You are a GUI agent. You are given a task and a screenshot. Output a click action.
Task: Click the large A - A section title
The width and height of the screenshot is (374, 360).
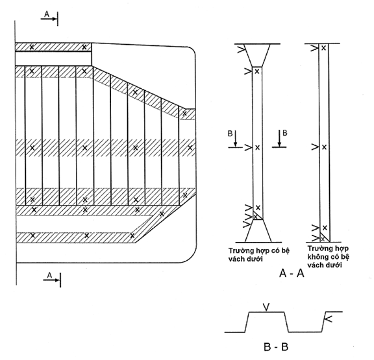(x=292, y=274)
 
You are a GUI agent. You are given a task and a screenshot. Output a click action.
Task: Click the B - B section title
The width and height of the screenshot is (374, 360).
(x=276, y=347)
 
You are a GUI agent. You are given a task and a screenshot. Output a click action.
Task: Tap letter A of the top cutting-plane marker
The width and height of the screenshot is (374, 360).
(x=47, y=14)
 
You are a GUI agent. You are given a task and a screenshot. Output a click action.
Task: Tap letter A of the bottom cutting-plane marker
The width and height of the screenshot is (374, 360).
(x=49, y=276)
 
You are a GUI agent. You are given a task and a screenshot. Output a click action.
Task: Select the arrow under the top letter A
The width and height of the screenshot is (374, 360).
(x=49, y=19)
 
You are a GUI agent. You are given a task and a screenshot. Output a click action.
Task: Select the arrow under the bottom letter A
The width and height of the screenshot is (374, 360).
(x=51, y=280)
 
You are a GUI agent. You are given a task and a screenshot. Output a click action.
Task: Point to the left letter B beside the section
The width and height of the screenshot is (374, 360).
(x=230, y=134)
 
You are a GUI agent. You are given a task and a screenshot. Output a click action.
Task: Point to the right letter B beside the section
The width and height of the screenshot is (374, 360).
(x=285, y=133)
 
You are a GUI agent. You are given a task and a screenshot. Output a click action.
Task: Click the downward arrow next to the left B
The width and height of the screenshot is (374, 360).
(x=236, y=138)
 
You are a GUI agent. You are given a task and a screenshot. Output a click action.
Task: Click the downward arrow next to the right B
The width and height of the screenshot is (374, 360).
(x=279, y=138)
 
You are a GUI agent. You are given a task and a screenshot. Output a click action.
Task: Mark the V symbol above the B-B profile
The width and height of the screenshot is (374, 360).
(x=267, y=307)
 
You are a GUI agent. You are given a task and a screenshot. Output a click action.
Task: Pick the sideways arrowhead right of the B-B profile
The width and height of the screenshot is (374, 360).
(x=329, y=318)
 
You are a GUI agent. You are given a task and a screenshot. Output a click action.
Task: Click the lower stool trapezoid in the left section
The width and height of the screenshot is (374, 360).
(x=258, y=231)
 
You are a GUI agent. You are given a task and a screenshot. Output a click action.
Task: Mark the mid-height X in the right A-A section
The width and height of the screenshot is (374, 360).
(x=324, y=147)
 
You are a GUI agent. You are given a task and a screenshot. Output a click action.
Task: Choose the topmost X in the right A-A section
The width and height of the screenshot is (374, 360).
(x=323, y=48)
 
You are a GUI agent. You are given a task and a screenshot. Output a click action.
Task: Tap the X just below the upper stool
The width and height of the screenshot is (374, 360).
(x=257, y=71)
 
